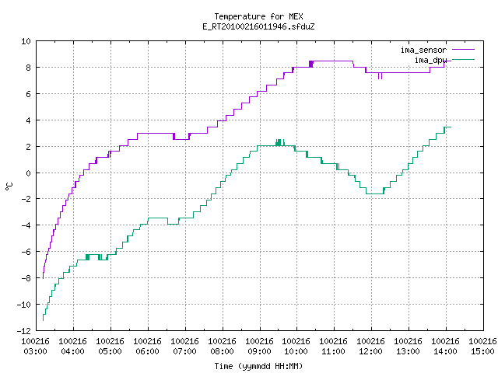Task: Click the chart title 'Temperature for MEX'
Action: click(258, 16)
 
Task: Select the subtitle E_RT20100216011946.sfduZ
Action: click(258, 26)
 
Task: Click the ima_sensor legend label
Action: click(423, 50)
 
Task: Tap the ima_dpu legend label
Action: click(430, 60)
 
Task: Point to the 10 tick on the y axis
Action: click(26, 41)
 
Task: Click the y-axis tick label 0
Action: click(29, 173)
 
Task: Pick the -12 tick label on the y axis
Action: click(24, 331)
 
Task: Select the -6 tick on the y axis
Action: click(26, 252)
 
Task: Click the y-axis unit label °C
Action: click(9, 186)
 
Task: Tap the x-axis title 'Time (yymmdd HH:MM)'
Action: click(258, 366)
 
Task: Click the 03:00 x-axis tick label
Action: click(36, 351)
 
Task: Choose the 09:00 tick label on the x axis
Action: click(259, 351)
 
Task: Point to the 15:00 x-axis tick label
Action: click(482, 351)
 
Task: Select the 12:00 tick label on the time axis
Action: click(371, 351)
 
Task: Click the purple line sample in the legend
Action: click(463, 50)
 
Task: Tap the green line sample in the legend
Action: click(463, 60)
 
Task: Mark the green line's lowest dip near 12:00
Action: click(375, 193)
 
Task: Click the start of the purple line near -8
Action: click(43, 278)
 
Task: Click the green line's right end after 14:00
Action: click(451, 127)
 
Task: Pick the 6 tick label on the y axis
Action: click(29, 94)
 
